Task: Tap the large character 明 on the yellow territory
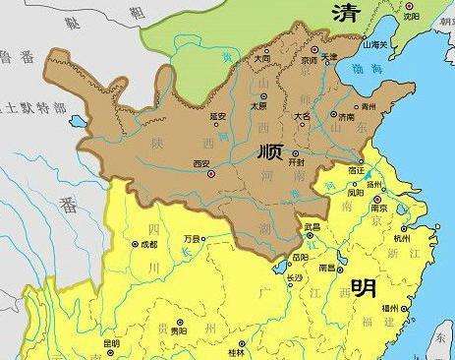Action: [362, 288]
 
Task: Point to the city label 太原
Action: [259, 105]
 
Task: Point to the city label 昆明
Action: [111, 344]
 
